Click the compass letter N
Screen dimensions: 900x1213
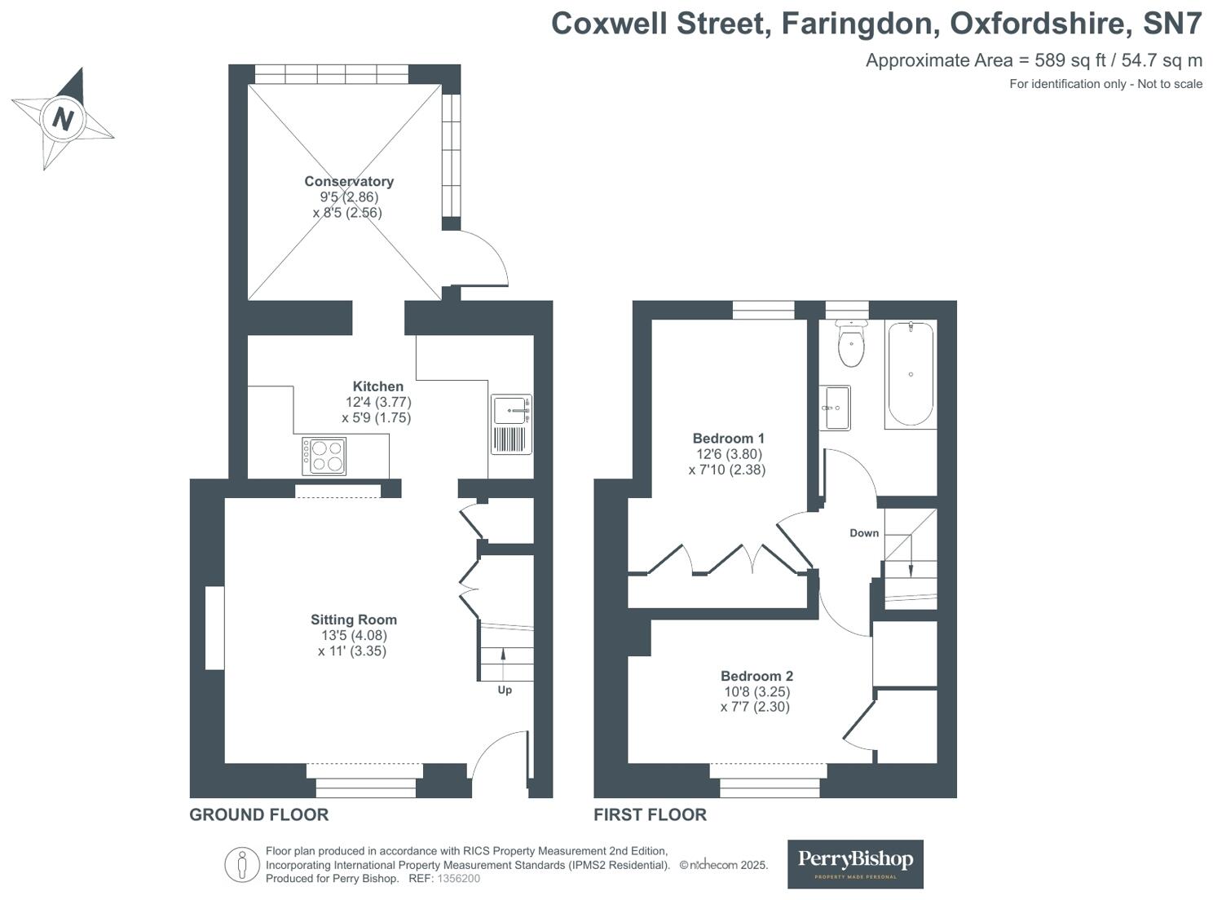click(63, 119)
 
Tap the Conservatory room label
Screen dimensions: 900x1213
click(349, 181)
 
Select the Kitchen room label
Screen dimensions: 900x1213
click(377, 386)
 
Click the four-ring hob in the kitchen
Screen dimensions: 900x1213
click(324, 456)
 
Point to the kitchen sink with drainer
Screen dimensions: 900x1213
click(512, 424)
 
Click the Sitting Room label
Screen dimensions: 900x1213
click(354, 620)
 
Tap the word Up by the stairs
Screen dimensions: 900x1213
click(505, 690)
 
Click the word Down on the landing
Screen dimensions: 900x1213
click(864, 533)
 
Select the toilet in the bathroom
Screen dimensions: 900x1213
click(851, 345)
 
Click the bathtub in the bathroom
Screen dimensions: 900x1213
click(911, 373)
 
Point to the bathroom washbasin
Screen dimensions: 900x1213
click(836, 408)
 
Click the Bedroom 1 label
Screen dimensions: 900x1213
click(728, 439)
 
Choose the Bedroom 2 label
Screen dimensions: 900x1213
click(756, 676)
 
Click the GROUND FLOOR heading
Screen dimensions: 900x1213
click(259, 814)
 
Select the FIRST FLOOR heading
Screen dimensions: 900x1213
click(650, 814)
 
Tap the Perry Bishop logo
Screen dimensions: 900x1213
click(855, 863)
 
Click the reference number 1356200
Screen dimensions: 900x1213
click(459, 879)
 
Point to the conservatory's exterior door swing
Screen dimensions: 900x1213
click(484, 257)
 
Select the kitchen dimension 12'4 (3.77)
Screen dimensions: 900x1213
click(378, 402)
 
